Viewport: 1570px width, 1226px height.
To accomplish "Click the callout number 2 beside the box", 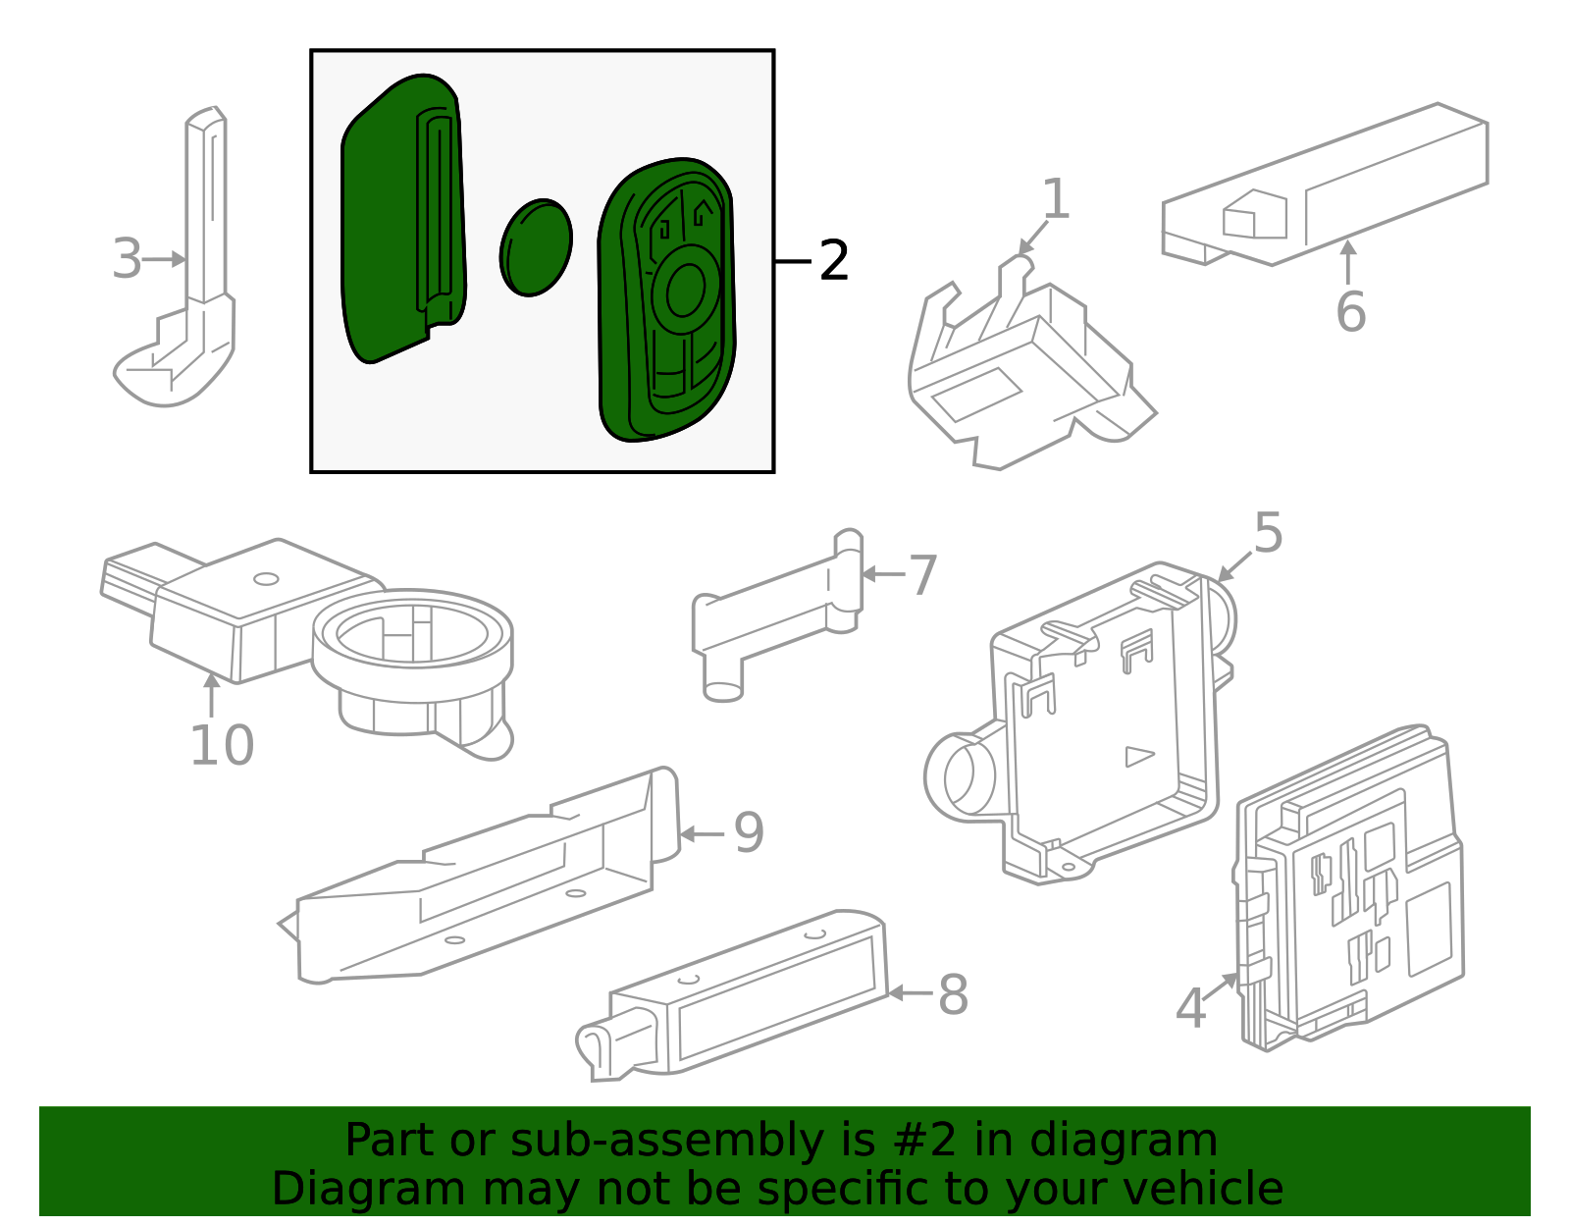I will [833, 261].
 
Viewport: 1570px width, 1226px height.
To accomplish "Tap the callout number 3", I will [127, 259].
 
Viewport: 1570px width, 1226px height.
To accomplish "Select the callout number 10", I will [222, 745].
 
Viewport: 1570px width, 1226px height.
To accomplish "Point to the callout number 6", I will [1350, 312].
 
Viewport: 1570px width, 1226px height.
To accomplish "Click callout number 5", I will [1268, 533].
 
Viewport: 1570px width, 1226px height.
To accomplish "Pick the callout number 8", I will [953, 994].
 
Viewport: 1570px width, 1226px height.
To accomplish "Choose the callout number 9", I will [749, 832].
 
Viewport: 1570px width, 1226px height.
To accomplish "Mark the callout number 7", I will [922, 575].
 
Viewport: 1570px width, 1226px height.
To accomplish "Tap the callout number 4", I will [1190, 1008].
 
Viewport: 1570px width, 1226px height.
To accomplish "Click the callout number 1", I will [1055, 199].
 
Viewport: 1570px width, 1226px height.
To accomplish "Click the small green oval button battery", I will [536, 247].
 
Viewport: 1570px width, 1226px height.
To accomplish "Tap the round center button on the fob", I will [684, 289].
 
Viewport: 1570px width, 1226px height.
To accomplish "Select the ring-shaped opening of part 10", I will [412, 628].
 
